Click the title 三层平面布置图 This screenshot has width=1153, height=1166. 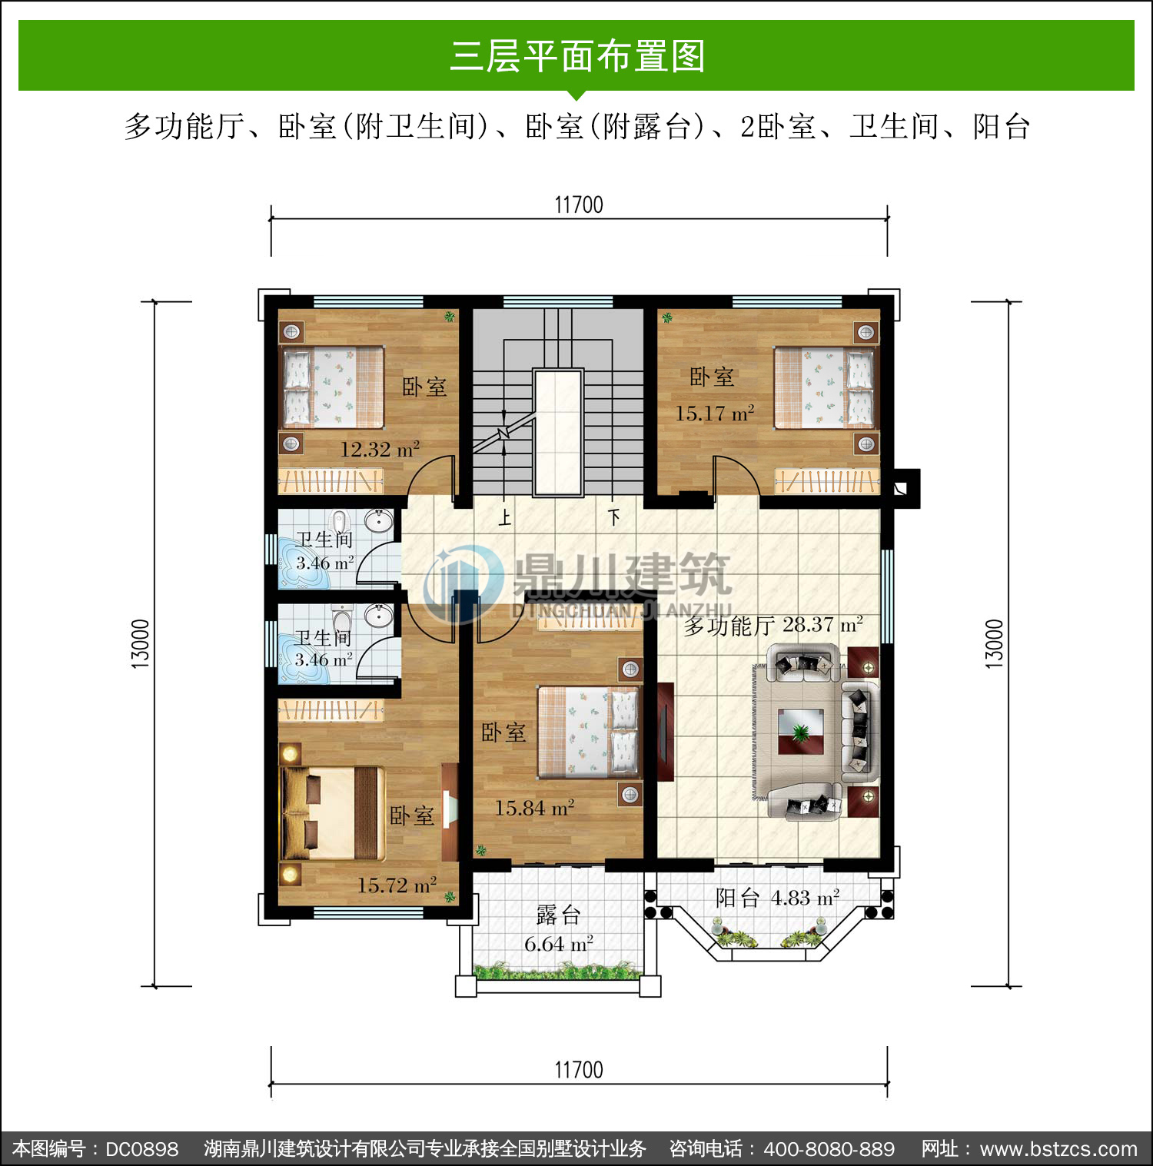[x=577, y=56]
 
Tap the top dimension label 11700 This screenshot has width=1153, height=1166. [x=579, y=205]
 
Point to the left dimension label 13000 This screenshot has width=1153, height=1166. [x=140, y=643]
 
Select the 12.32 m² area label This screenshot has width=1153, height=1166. [x=380, y=449]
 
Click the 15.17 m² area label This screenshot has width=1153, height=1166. [x=715, y=413]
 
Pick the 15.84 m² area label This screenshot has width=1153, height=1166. [x=534, y=808]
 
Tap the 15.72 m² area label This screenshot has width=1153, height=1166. [x=397, y=885]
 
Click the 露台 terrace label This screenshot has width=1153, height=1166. [x=558, y=915]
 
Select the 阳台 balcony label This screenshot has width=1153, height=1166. [x=738, y=898]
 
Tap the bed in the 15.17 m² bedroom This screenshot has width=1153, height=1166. [x=824, y=387]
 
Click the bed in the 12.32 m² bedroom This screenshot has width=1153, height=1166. [x=333, y=387]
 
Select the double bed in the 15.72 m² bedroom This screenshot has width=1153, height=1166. [x=332, y=813]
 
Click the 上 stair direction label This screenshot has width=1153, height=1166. [x=504, y=517]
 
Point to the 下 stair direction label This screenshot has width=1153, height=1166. [x=613, y=517]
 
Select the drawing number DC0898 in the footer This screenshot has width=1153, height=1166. [x=142, y=1149]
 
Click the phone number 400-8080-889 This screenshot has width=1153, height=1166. [x=829, y=1149]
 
